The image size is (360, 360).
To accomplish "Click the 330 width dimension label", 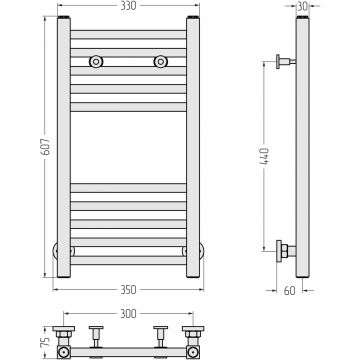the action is pos(128,6).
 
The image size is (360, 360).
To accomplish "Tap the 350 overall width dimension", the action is pos(128,290).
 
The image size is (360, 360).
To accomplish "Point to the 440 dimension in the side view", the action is pos(264,156).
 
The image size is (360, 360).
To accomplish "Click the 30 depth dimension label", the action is pos(302,6).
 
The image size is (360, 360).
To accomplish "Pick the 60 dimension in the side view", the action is pos(289,291).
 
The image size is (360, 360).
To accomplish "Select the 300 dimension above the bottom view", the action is pos(128,314).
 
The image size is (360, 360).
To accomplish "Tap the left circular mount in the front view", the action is pos(96,62).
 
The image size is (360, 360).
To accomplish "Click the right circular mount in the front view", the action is pos(161,62).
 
